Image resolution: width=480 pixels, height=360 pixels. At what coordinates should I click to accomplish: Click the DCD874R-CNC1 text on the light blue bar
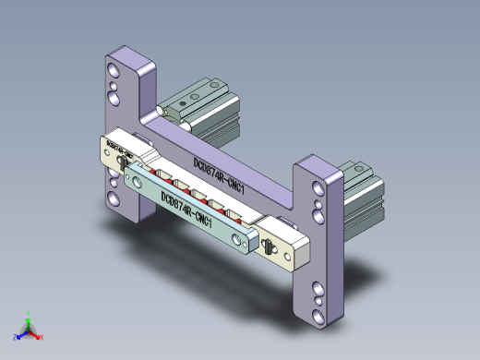(x=187, y=209)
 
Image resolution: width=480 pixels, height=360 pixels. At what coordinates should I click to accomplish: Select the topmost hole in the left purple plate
(x=113, y=69)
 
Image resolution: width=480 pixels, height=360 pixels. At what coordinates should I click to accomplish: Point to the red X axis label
(x=42, y=337)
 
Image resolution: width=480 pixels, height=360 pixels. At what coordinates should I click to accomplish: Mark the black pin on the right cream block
(x=268, y=247)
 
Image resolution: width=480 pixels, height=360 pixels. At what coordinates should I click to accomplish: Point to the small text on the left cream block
(x=120, y=146)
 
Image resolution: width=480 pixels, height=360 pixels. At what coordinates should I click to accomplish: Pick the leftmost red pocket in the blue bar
(x=163, y=174)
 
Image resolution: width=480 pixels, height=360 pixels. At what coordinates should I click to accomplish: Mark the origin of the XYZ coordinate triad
(x=28, y=330)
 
